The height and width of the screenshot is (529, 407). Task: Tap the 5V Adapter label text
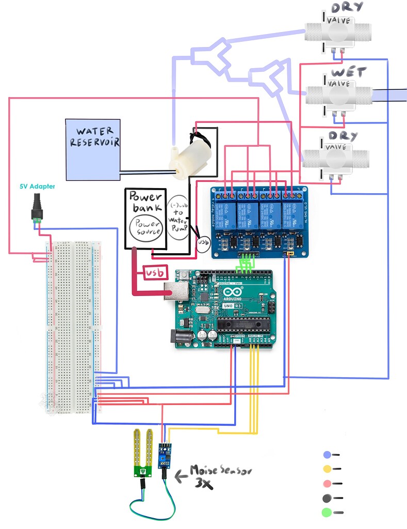pos(37,186)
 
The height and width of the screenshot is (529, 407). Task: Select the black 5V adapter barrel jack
pos(37,207)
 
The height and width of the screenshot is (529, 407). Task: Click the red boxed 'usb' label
pos(157,272)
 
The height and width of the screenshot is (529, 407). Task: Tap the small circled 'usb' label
pos(203,242)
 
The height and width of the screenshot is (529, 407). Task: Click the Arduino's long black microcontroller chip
pos(242,324)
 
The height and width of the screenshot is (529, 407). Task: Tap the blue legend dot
pos(327,455)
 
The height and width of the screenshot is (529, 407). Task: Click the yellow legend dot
pos(327,469)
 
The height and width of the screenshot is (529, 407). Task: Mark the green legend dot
pos(327,513)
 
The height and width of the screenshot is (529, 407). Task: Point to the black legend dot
pos(327,498)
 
